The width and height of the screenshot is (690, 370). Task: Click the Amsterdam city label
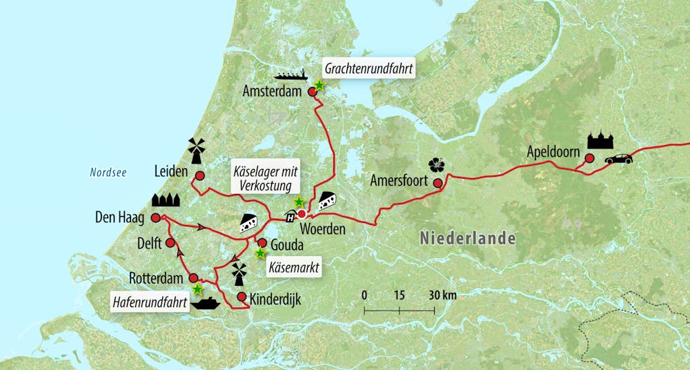click(x=273, y=92)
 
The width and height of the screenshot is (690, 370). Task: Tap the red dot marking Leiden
click(x=199, y=176)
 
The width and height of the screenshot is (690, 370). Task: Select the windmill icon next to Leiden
click(x=196, y=150)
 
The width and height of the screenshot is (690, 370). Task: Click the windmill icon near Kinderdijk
click(x=238, y=274)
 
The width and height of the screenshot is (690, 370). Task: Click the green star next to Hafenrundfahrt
click(x=198, y=289)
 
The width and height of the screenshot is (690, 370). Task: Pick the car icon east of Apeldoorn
click(x=618, y=159)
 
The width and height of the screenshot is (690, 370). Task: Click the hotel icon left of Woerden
click(x=290, y=216)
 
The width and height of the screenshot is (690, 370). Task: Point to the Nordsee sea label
click(x=108, y=173)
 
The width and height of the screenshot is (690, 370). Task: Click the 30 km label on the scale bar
click(x=442, y=295)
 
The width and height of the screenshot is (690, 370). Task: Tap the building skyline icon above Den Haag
click(x=165, y=200)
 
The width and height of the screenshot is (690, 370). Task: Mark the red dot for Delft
click(x=170, y=243)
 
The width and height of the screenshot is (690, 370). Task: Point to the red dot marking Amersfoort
click(x=437, y=183)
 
